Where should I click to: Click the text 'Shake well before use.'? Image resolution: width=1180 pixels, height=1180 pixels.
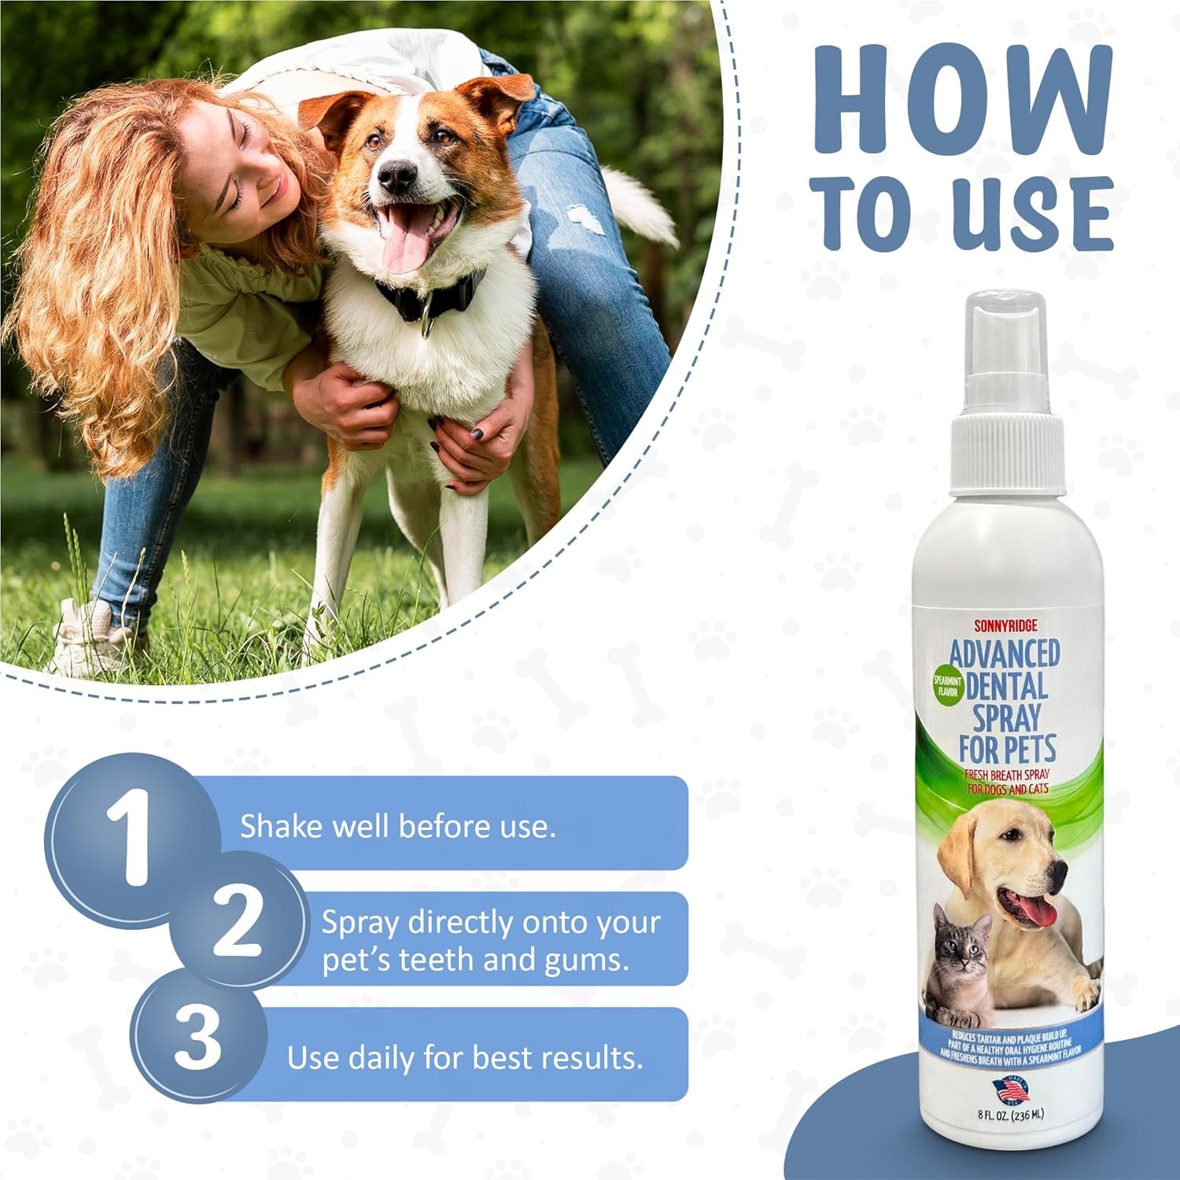pos(397,827)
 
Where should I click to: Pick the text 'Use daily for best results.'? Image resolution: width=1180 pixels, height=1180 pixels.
pos(465,1058)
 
